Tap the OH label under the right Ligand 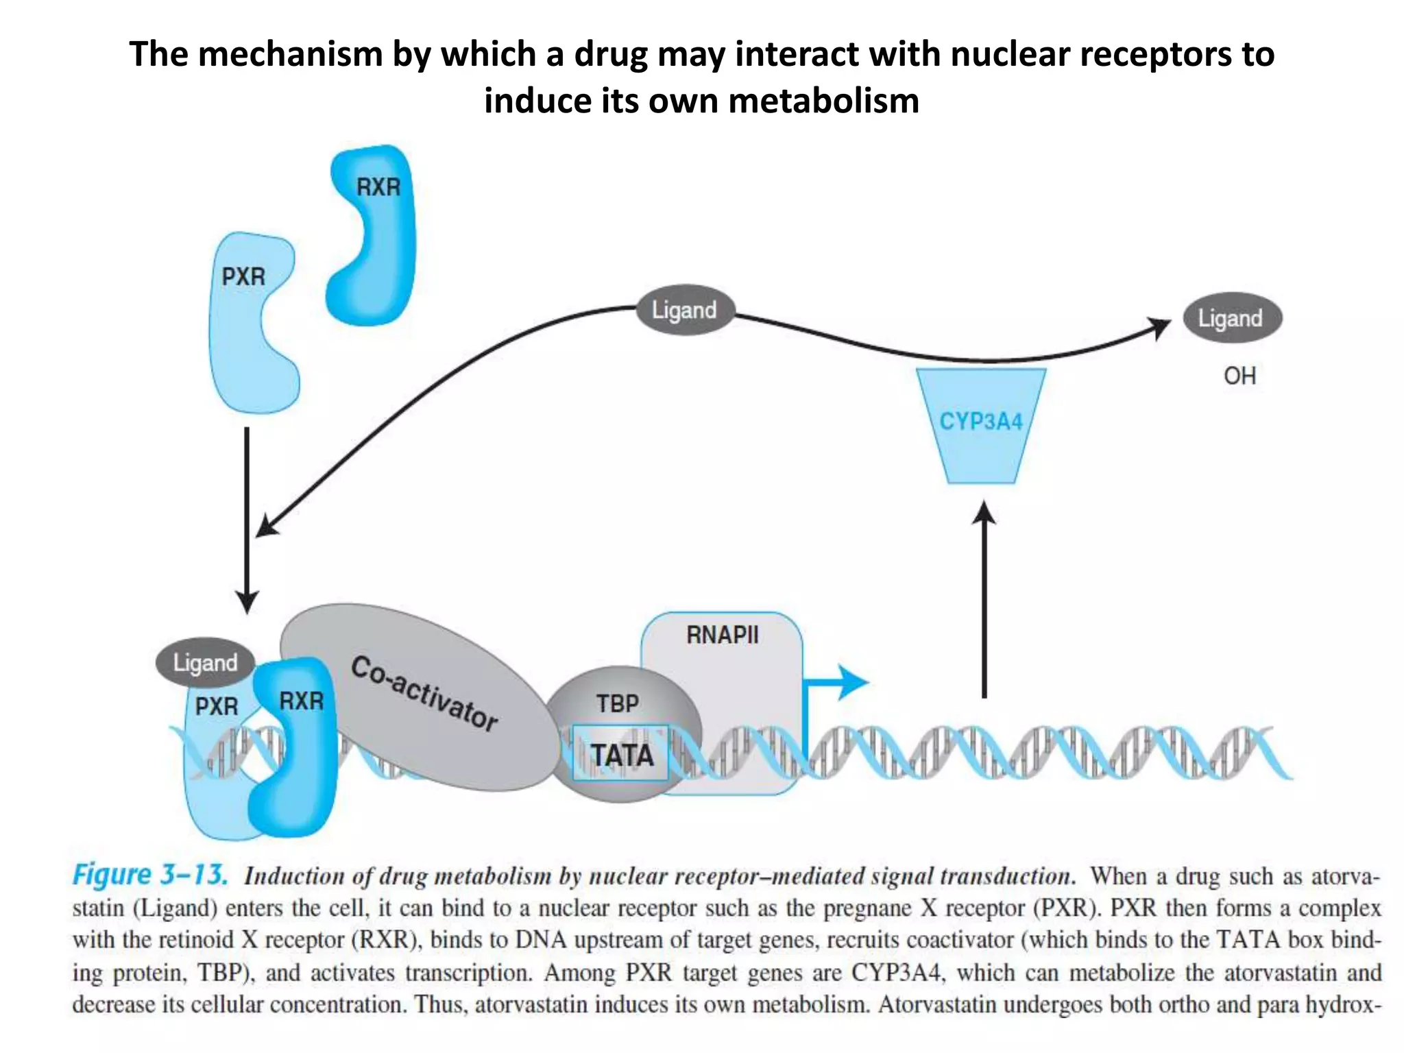pos(1239,376)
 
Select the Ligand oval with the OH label pos(1231,318)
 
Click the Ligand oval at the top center pos(684,310)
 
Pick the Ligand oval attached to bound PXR pos(205,663)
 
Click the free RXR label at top pos(378,186)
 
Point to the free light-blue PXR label pos(243,276)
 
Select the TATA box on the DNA pos(621,754)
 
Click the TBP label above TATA pos(617,703)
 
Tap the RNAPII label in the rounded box pos(722,635)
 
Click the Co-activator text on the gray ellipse pos(424,693)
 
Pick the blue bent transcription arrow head pos(852,682)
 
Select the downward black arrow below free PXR pos(247,521)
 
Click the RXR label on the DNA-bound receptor pos(301,701)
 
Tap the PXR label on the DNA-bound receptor pos(216,706)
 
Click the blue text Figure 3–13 pos(149,875)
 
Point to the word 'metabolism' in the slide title pos(823,101)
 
